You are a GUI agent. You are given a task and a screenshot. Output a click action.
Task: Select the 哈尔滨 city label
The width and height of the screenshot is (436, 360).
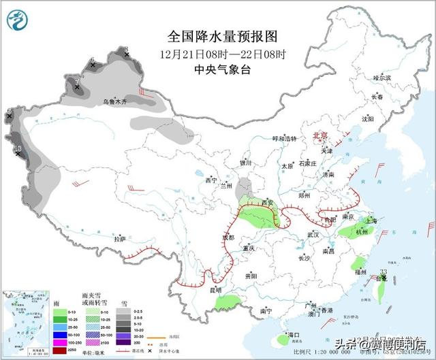point(382,78)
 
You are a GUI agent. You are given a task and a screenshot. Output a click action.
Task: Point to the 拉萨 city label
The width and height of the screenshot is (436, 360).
point(120,240)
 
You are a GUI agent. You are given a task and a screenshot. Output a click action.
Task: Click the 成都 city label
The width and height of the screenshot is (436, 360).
point(227,238)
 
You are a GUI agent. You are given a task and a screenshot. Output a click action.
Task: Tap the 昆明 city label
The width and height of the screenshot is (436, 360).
point(216,291)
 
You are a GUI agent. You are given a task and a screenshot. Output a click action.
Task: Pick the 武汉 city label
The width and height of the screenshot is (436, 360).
point(313,234)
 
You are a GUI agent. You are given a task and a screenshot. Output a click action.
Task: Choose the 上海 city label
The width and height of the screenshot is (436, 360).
point(371,220)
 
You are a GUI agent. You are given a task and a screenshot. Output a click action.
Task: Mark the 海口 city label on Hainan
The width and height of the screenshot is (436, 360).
point(294,336)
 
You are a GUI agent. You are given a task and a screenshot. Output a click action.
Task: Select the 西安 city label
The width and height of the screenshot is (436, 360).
point(267,203)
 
